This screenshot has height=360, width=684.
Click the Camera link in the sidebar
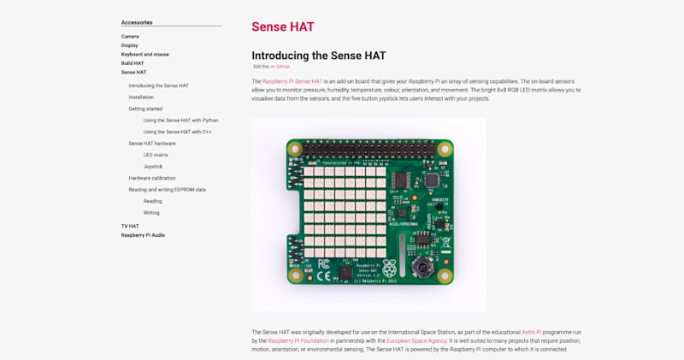pos(130,37)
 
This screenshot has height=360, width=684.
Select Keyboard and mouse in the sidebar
pos(144,54)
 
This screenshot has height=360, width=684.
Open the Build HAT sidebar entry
pos(133,63)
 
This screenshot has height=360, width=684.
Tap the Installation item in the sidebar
pos(141,97)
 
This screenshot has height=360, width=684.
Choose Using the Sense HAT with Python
pos(180,121)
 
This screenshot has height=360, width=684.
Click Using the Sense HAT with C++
pos(178,132)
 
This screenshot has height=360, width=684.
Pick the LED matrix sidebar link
pos(156,155)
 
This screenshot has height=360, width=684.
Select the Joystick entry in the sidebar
pos(153,166)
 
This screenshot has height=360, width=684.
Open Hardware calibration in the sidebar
pos(152,178)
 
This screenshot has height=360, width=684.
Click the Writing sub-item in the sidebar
pos(151,212)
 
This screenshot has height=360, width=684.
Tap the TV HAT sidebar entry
pos(130,226)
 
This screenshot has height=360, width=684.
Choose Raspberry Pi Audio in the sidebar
pos(143,235)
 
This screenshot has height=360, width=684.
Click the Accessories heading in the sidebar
pos(137,22)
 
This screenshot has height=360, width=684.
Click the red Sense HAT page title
pos(283,27)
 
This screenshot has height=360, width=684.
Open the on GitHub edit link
pos(280,66)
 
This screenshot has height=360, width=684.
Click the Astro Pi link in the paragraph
pos(532,332)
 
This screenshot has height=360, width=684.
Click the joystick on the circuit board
pos(422,269)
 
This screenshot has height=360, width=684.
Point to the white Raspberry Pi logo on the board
pos(390,266)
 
